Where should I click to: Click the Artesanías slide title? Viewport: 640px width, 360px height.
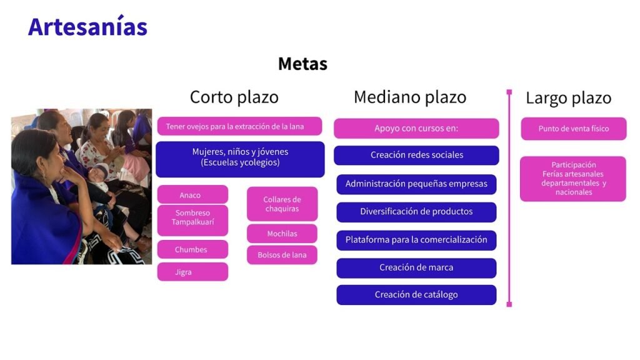click(x=87, y=26)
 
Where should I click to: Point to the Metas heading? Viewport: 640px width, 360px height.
click(x=302, y=64)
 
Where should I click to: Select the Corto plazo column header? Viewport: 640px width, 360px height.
click(x=234, y=97)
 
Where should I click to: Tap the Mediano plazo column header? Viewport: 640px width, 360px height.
click(x=410, y=97)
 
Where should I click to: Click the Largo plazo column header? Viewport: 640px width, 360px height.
click(x=568, y=98)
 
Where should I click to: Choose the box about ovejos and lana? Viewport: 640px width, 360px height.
click(x=239, y=126)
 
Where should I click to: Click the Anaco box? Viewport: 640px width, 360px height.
click(x=192, y=195)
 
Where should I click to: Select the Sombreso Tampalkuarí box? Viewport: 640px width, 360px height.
click(x=192, y=220)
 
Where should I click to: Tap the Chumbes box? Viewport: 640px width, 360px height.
click(x=192, y=249)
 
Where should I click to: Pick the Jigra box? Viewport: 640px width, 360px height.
click(x=192, y=272)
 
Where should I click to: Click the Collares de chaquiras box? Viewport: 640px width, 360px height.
click(x=282, y=204)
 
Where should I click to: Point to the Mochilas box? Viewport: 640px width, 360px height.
click(x=282, y=234)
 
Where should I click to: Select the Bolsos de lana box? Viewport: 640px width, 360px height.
click(x=282, y=255)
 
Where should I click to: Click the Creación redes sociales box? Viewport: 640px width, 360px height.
click(x=416, y=155)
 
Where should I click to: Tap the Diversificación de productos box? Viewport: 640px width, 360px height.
click(x=416, y=212)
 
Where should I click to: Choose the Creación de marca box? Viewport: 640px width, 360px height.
click(x=416, y=267)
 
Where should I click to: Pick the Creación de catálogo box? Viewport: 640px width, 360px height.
click(x=416, y=295)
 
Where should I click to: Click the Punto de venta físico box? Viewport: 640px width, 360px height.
click(x=574, y=129)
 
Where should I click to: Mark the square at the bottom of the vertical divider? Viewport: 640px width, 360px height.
click(x=509, y=304)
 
